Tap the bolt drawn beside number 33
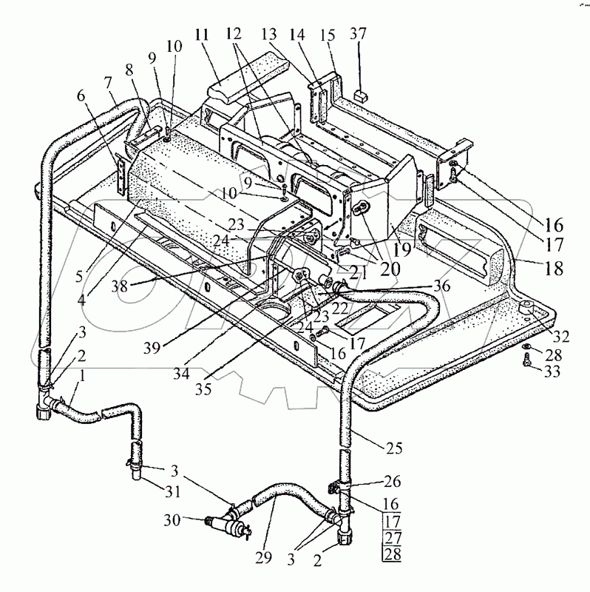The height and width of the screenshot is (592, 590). [x=524, y=362]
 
